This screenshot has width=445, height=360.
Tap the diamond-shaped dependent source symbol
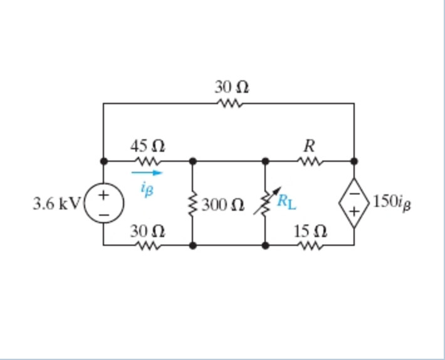(354, 203)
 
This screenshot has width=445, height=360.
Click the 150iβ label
(394, 202)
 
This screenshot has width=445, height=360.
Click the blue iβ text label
(145, 186)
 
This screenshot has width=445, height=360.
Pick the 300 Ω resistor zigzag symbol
(192, 203)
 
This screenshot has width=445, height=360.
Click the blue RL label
(288, 201)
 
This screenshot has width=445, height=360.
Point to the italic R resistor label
(308, 146)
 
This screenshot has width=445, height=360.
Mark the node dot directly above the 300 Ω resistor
(192, 161)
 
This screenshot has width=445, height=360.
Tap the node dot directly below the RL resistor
(266, 245)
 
